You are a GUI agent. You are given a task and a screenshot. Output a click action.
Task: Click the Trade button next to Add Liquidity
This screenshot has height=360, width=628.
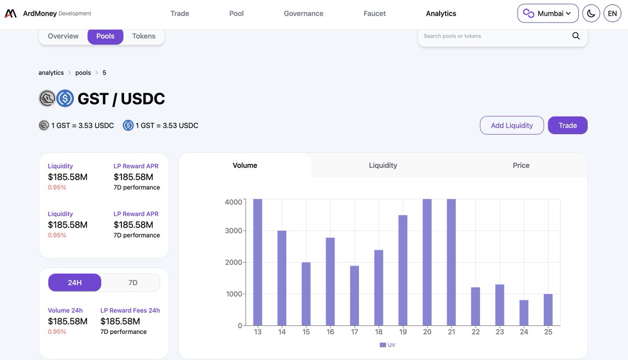point(567,126)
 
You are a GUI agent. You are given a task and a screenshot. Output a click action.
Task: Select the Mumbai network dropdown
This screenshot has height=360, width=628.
point(547,14)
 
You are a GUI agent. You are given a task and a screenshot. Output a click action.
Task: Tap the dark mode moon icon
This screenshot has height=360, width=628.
point(591,14)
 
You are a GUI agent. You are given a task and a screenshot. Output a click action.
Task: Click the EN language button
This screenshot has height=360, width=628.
point(612,14)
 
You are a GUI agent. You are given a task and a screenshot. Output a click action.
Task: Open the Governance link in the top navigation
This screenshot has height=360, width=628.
point(304,14)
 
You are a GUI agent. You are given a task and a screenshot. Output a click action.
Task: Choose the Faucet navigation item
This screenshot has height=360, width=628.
point(374,14)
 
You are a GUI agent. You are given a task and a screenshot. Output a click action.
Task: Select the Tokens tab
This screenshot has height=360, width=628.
point(143,36)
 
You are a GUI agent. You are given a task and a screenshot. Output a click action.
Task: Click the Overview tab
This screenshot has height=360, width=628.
point(63,36)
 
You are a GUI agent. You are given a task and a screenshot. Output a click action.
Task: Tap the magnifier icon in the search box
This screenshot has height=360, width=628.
point(576,36)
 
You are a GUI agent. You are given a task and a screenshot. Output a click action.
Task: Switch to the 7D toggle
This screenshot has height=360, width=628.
point(133,283)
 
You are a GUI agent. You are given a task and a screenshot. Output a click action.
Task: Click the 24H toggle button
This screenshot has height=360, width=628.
point(75,283)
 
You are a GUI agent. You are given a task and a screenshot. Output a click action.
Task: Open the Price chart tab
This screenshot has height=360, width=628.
point(521,165)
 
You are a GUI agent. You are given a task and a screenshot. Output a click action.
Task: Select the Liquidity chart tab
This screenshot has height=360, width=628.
point(383,165)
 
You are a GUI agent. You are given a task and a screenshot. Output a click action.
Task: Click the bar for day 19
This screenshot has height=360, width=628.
point(402,270)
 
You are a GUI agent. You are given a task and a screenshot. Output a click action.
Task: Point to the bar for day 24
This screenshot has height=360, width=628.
point(524,313)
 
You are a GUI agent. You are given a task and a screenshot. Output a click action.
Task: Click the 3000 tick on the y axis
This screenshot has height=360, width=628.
point(233,231)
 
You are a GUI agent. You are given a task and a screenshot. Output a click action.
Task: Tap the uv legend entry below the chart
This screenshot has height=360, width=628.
point(387,345)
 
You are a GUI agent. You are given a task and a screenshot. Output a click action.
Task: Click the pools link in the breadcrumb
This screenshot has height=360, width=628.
point(83,73)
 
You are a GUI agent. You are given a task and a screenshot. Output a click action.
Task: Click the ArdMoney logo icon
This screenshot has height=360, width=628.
point(10,14)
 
